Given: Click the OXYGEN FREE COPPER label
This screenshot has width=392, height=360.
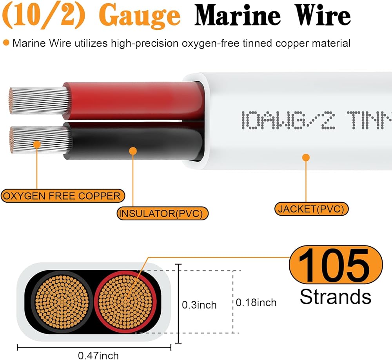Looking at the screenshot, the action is point(63,195).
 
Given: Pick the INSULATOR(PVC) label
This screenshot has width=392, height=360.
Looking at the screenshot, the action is point(162,214).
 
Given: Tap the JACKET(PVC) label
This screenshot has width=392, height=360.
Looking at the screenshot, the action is point(311,209).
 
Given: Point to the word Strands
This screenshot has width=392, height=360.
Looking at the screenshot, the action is point(336,296).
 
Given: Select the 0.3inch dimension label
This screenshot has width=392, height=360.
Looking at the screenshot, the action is point(199,305).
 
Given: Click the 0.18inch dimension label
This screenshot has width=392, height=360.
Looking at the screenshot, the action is point(256,302).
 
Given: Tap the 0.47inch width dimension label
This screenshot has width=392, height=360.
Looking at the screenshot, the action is point(98,355).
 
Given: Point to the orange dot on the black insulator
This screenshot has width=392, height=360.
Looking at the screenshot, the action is point(133,151).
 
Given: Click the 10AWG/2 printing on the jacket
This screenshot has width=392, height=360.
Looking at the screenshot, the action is point(290,119).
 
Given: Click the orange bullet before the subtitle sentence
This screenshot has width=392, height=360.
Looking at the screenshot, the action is point(6,43).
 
